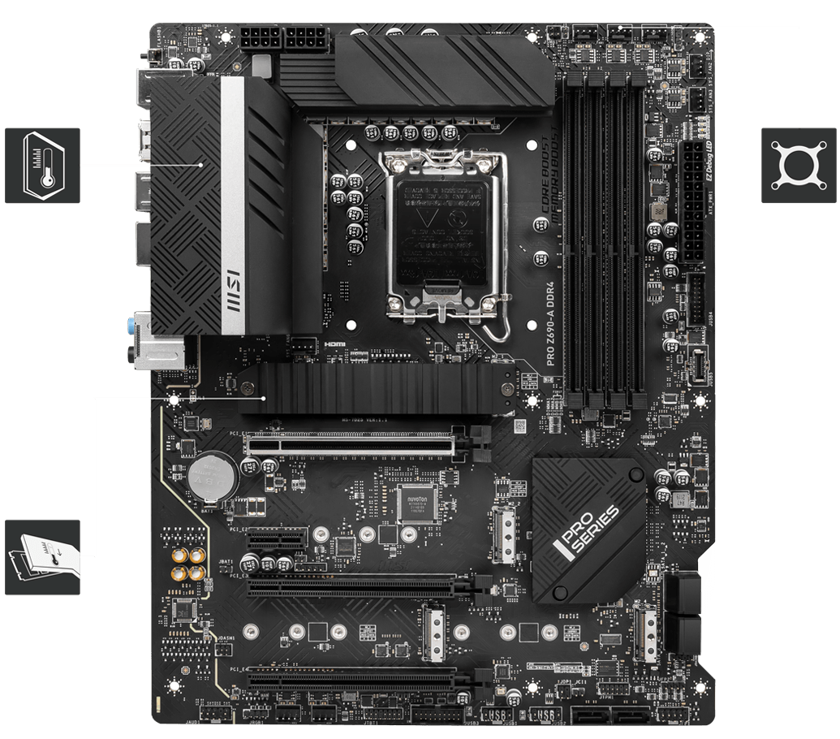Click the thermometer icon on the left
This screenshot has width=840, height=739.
pyautogui.click(x=42, y=165)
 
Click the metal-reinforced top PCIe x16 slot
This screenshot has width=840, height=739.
pyautogui.click(x=357, y=443)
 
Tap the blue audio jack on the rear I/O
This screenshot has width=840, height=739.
pyautogui.click(x=131, y=326)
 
